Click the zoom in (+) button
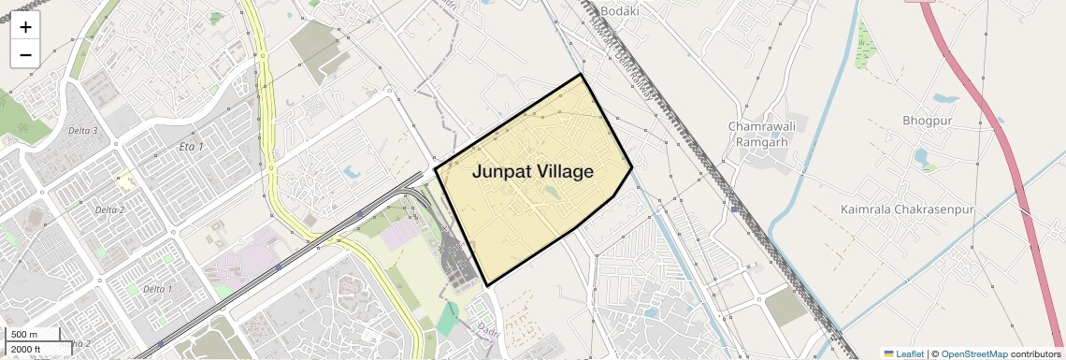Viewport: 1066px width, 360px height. tap(25, 28)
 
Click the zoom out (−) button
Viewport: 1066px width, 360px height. tap(25, 55)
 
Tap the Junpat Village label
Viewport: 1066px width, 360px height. tap(532, 172)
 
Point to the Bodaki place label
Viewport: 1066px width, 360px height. tap(620, 11)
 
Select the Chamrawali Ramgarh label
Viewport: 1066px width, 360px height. tap(758, 134)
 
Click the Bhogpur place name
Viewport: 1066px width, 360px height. tap(927, 121)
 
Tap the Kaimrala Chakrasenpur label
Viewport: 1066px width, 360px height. tap(907, 209)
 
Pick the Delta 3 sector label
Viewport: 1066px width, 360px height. tap(83, 131)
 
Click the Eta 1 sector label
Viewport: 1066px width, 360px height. tap(191, 148)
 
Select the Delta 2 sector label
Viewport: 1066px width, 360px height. tap(109, 209)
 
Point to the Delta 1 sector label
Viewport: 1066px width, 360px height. tap(158, 289)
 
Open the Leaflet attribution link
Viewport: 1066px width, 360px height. tap(903, 353)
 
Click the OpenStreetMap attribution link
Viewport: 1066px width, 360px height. tap(974, 353)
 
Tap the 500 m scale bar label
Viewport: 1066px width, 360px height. tap(24, 335)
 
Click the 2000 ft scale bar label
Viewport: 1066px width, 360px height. tap(25, 349)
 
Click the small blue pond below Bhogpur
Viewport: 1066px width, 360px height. tap(920, 156)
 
